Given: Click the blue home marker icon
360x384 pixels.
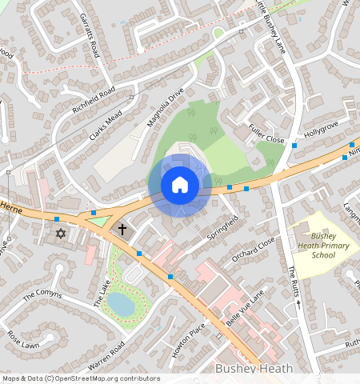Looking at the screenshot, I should click(x=180, y=186).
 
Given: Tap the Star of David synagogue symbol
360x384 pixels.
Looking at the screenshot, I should click(x=60, y=234).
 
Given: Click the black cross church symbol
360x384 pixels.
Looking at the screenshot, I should click(x=122, y=230).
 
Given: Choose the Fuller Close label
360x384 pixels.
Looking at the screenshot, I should click(x=266, y=133).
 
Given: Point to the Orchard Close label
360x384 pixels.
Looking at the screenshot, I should click(x=253, y=249).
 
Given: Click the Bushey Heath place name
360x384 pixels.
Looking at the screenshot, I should click(x=254, y=369).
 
